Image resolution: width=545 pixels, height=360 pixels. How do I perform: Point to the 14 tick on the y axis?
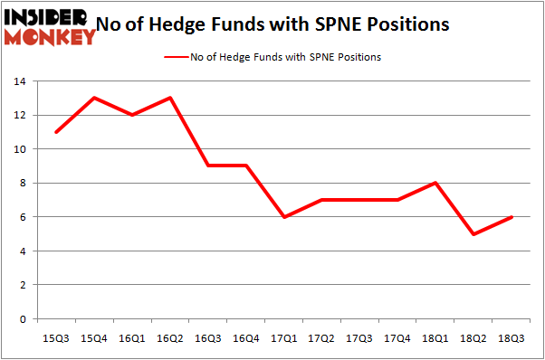19,81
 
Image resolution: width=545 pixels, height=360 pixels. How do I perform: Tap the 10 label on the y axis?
19,149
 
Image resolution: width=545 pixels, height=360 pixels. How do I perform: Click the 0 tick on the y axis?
23,319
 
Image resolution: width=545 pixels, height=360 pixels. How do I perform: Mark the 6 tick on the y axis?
23,217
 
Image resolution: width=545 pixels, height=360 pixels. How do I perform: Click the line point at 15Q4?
94,98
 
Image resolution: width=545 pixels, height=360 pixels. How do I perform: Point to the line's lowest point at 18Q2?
474,234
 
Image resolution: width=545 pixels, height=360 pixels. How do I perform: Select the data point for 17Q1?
284,217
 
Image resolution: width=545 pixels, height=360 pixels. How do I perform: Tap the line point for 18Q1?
436,183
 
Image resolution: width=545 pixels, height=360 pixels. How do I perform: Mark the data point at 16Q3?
208,166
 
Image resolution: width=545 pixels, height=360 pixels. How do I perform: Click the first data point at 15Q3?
56,132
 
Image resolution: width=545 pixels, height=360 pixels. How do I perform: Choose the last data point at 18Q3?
512,217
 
